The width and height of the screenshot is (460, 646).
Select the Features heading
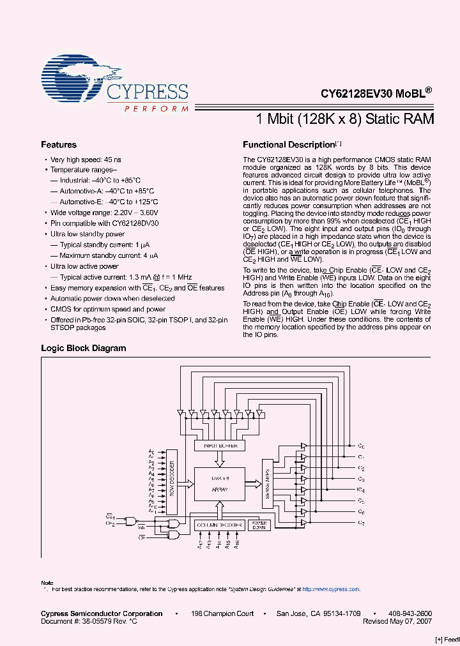[x=59, y=145]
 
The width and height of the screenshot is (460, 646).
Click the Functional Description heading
[x=289, y=145]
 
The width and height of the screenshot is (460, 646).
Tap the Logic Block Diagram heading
[x=83, y=348]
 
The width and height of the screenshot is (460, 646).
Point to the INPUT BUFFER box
[x=219, y=445]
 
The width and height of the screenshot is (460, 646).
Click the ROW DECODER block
[x=171, y=481]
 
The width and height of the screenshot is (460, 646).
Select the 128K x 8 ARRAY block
[x=219, y=483]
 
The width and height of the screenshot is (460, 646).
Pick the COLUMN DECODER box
[x=219, y=525]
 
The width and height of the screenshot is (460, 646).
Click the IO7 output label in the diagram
[x=361, y=523]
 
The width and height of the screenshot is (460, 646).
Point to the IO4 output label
[x=361, y=490]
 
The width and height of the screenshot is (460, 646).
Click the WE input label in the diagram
[x=142, y=527]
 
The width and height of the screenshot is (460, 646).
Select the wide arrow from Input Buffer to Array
[x=219, y=458]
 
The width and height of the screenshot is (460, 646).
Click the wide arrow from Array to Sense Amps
[x=253, y=483]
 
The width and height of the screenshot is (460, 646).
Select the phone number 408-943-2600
[x=410, y=613]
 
